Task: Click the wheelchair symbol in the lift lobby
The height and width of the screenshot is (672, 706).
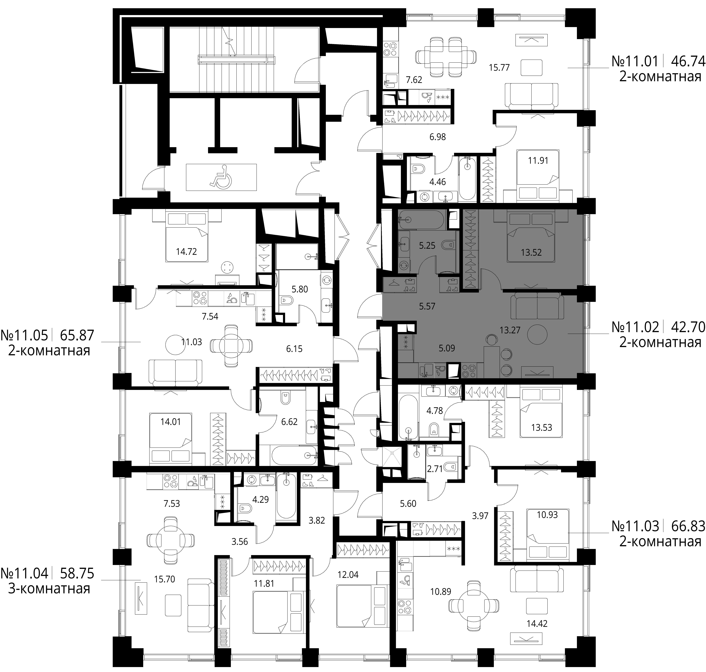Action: (221, 177)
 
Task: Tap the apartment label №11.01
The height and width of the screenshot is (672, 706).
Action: (635, 61)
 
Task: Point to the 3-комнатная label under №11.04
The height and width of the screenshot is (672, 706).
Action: (49, 589)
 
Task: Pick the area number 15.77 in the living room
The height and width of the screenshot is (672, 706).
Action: (499, 67)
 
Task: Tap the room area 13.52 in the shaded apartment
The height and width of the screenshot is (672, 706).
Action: (531, 253)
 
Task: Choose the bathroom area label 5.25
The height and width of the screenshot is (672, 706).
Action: (427, 245)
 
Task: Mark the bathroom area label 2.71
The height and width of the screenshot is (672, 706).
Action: (435, 469)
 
